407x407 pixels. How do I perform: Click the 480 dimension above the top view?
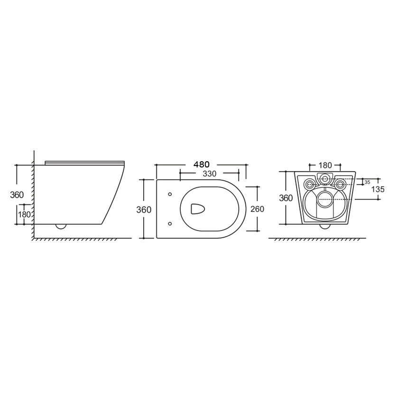[x=202, y=164]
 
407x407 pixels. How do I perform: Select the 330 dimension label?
[x=210, y=174]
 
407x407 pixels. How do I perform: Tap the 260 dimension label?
[x=257, y=209]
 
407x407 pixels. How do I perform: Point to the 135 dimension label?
[x=378, y=189]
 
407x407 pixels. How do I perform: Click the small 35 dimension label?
[x=367, y=182]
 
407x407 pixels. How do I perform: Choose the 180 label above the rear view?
[x=325, y=165]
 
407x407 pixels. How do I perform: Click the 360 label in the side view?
[x=17, y=194]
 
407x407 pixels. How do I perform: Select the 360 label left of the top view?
[x=144, y=210]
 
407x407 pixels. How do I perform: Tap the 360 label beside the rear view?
[x=286, y=198]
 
